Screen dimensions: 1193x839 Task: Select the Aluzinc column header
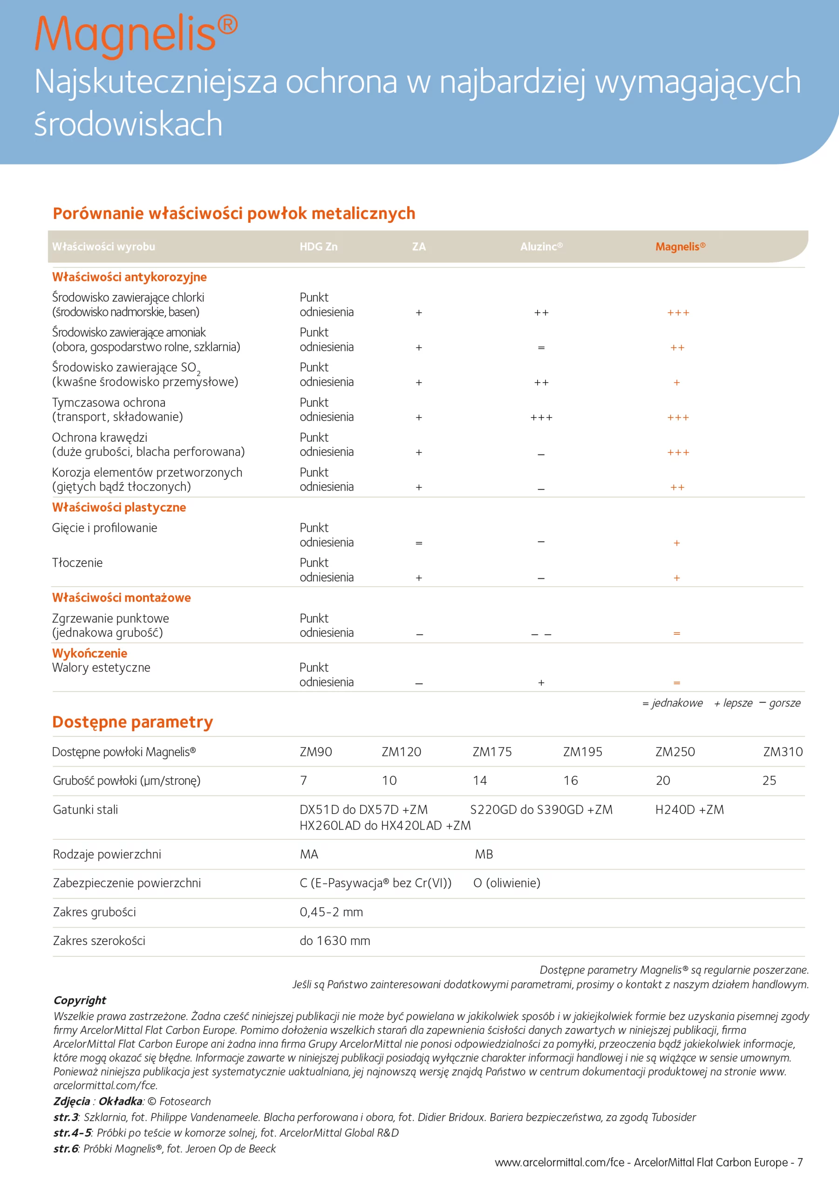(541, 247)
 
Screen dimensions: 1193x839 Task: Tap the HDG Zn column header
(319, 247)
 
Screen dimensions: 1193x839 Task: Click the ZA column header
(419, 247)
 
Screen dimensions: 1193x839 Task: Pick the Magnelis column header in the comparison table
(680, 247)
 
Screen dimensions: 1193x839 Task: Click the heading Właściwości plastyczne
(119, 507)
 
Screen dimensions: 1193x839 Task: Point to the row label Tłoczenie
(77, 563)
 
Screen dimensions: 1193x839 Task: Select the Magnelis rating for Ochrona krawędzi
(678, 453)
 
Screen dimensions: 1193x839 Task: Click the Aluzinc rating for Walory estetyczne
(541, 683)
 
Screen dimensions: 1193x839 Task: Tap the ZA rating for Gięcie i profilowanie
(419, 543)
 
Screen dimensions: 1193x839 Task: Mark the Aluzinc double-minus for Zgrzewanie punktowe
(541, 634)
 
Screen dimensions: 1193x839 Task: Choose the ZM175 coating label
(492, 752)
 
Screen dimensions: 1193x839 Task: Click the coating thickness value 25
(769, 781)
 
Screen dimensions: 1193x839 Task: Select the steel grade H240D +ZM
(689, 809)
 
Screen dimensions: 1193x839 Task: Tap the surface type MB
(484, 854)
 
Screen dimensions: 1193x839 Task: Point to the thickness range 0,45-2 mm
(331, 912)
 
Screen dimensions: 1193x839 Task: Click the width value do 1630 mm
(334, 940)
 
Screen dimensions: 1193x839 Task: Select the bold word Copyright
(80, 1000)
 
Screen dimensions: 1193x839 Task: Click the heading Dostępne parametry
(132, 722)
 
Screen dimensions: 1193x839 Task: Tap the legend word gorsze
(784, 703)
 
